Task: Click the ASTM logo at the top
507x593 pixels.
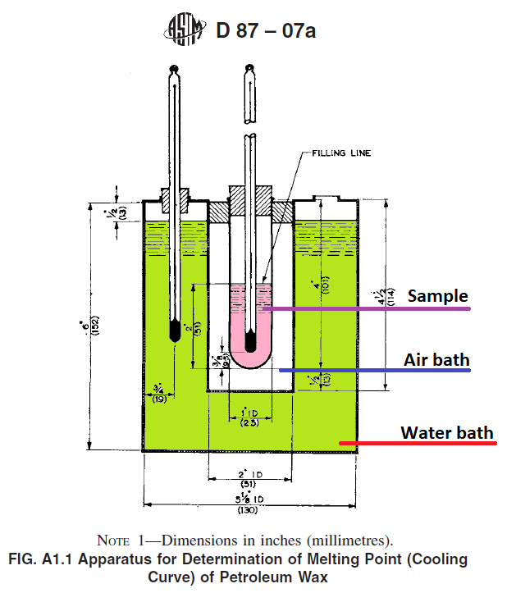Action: (185, 32)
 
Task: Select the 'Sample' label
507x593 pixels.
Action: (438, 296)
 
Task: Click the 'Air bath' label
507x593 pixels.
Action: (436, 359)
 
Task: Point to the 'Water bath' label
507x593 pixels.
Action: (447, 431)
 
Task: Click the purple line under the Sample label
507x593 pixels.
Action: (369, 309)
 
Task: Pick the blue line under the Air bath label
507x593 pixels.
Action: (377, 371)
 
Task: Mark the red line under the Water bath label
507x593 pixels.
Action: (418, 445)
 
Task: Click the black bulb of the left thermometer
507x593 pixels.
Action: (174, 330)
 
